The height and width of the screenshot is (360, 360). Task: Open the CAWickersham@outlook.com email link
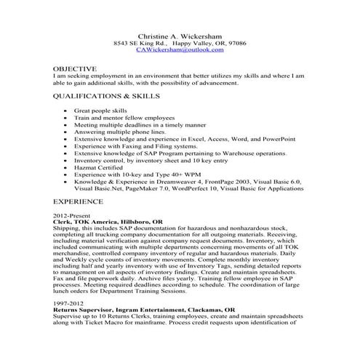point(180,50)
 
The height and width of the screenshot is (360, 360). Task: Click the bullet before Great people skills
point(66,111)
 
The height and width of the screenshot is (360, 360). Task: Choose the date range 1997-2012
point(68,302)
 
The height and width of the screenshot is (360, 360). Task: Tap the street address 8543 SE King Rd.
point(140,43)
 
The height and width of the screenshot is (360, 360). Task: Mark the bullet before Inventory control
point(66,159)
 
